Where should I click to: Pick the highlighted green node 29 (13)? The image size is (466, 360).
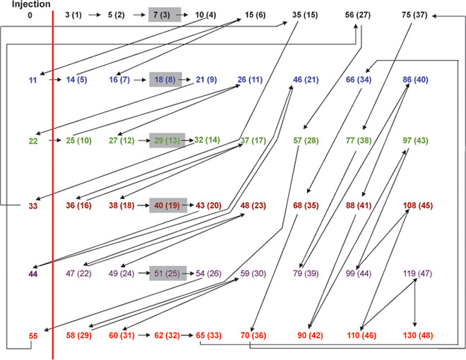coord(165,140)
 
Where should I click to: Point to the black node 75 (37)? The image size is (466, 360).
coord(415,14)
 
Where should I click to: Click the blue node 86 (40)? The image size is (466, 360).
coord(415,79)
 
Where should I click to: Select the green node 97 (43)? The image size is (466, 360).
coord(415,140)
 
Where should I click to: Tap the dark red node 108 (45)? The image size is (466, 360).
coord(417,205)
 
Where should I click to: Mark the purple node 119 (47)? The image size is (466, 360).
coord(417,272)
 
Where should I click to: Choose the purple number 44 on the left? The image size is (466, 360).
coord(33,272)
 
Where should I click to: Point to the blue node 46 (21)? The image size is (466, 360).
coord(306,79)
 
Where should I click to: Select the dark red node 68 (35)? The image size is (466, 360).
coord(306,205)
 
